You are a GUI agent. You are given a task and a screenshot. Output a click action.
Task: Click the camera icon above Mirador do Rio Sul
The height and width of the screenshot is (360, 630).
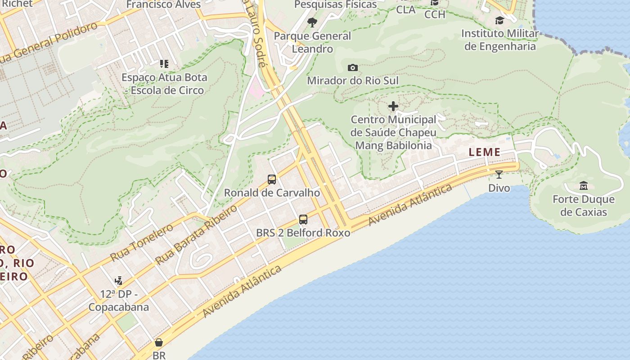point(353,68)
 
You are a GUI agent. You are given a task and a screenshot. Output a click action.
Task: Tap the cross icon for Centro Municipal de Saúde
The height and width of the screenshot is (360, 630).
point(393,106)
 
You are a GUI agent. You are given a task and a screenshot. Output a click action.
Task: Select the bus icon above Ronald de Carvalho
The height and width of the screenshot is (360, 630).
point(272,180)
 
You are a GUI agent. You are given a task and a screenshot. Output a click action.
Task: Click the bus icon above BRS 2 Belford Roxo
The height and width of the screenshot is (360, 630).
point(303,220)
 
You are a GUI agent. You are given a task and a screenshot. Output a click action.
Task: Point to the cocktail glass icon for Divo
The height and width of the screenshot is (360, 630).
point(499,175)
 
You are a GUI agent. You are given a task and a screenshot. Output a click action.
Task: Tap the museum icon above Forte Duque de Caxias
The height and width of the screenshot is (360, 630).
point(584,185)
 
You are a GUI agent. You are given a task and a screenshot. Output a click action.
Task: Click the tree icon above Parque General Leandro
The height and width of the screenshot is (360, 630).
point(312,22)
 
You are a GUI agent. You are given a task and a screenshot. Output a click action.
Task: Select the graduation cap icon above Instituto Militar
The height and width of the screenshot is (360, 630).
point(499,20)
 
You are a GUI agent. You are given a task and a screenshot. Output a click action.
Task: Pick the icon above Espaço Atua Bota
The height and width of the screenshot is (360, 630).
point(164,64)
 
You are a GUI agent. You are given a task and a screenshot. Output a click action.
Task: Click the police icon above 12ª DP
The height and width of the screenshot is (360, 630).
point(118,281)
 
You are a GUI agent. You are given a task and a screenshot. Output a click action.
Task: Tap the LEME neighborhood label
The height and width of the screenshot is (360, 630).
point(485,152)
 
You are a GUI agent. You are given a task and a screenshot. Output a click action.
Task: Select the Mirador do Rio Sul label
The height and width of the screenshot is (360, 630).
point(353,81)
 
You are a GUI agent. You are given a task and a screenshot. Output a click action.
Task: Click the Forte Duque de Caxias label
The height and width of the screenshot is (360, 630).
point(583,206)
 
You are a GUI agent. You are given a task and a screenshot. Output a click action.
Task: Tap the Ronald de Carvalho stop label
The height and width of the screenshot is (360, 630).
point(272,193)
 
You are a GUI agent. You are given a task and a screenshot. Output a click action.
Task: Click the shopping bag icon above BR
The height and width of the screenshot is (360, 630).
point(159,342)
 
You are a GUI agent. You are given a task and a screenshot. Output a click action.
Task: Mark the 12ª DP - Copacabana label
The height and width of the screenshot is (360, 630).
point(118,301)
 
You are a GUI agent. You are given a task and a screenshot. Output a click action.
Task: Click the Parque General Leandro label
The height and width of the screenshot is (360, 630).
point(312,42)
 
